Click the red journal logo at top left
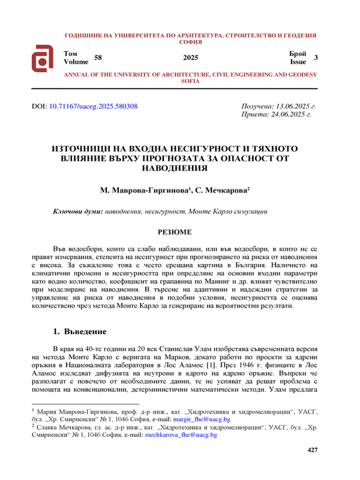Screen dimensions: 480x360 coord(44,58)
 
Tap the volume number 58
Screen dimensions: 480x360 coord(99,58)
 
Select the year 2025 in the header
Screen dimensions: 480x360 coord(190,58)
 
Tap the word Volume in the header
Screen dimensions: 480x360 coord(76,62)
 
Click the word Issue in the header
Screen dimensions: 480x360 coord(298,62)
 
